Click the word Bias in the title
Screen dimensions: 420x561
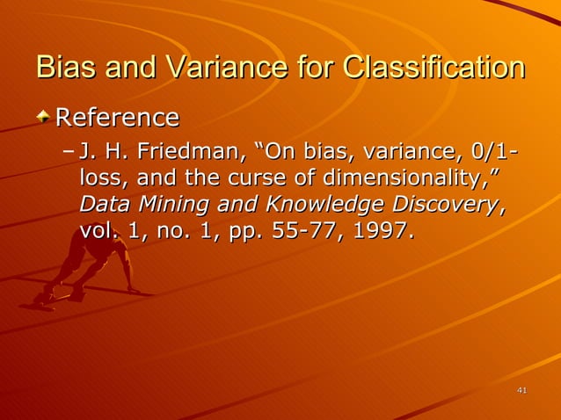63,68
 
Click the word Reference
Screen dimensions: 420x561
117,117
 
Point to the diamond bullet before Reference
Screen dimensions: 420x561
44,117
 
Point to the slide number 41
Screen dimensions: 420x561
521,390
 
